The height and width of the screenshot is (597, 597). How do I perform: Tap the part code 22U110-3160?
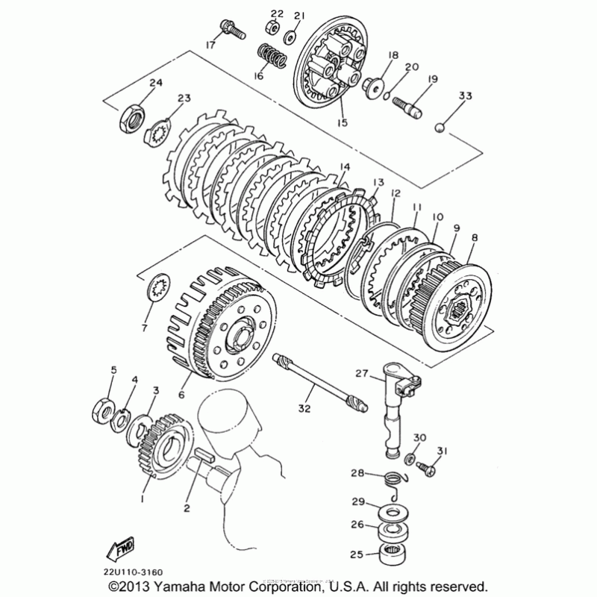pyautogui.click(x=134, y=572)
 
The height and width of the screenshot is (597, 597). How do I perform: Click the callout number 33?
pyautogui.click(x=466, y=96)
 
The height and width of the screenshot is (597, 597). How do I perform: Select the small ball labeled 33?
pyautogui.click(x=442, y=128)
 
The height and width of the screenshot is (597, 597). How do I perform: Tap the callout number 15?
pyautogui.click(x=342, y=122)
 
